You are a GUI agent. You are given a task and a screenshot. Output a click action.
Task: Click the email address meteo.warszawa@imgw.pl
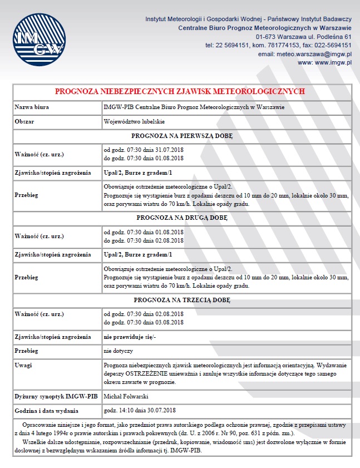(305, 54)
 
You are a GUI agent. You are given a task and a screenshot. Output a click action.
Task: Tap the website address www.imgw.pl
(326, 63)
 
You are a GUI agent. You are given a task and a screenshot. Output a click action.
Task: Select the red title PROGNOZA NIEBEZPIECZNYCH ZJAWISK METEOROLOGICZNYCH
(180, 91)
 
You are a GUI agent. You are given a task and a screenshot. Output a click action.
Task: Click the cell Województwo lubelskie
(134, 121)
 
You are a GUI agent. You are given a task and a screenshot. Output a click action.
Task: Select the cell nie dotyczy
(118, 351)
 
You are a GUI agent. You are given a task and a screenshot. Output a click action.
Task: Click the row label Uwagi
(23, 365)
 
